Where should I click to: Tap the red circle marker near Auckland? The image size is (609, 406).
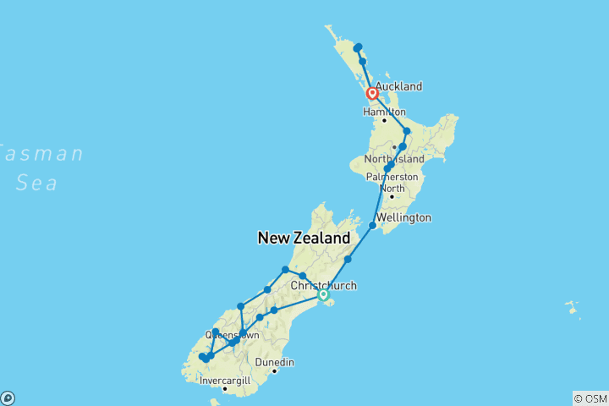372,94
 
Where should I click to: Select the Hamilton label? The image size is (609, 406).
385,112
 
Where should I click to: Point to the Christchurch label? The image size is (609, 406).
323,286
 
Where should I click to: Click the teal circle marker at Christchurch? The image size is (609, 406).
323,294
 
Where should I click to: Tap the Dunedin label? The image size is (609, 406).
276,362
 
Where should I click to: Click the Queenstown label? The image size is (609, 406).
231,335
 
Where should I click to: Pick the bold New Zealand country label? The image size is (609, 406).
305,239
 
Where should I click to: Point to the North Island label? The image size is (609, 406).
392,160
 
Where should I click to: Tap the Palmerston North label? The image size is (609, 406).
392,182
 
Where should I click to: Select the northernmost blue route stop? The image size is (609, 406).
359,47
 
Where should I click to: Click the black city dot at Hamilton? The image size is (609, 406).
384,120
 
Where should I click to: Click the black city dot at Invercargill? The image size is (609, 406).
224,388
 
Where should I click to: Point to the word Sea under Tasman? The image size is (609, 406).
36,182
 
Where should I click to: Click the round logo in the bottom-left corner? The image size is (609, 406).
8,398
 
